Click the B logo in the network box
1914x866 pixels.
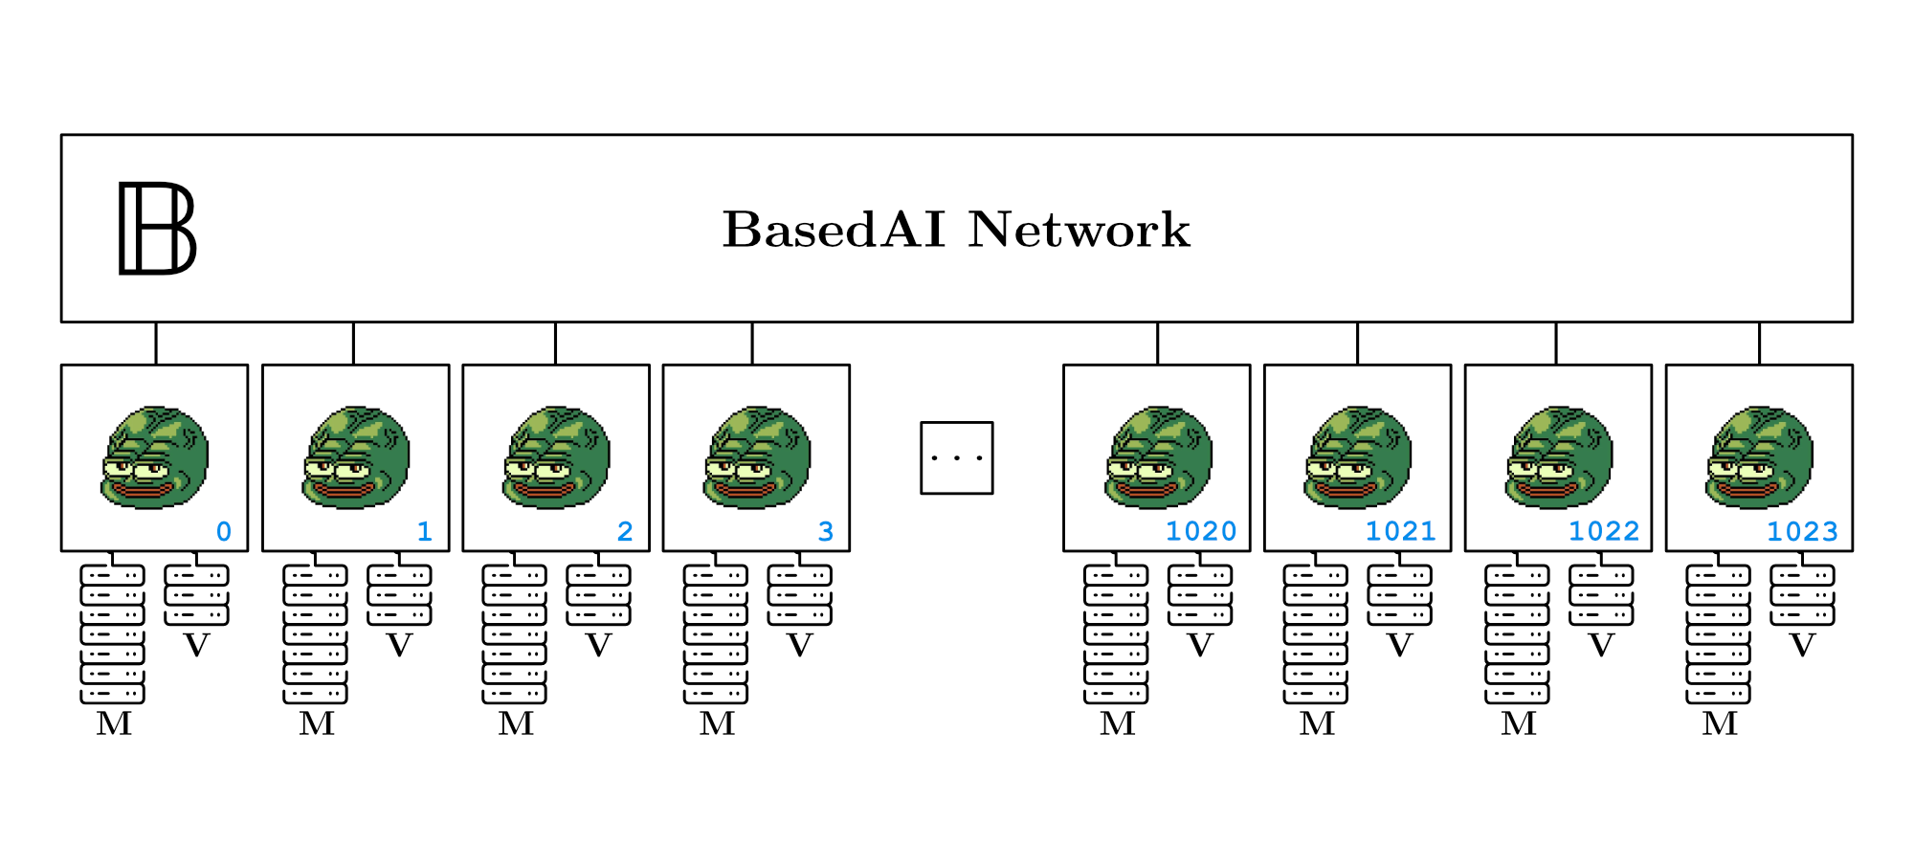coord(157,228)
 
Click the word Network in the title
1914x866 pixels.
coord(1079,230)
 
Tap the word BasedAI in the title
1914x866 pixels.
coord(834,230)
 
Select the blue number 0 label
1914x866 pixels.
coord(224,531)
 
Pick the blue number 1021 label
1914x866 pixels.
coord(1400,531)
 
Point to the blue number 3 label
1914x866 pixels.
coord(826,531)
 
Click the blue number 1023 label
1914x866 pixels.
coord(1802,531)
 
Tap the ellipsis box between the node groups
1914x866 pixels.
coord(956,457)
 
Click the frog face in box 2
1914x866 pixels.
coord(556,457)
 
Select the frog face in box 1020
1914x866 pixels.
coord(1158,457)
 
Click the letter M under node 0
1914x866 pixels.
coord(114,723)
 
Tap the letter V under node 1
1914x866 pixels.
coord(399,646)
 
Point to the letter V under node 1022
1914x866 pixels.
coord(1601,646)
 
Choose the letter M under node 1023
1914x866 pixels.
coord(1720,723)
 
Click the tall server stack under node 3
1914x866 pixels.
coord(716,634)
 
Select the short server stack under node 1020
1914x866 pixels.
coord(1200,595)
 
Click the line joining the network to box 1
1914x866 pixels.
coord(353,343)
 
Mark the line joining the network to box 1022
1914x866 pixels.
coord(1556,343)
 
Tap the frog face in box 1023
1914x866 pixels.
coord(1760,457)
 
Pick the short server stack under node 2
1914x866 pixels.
coord(598,595)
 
